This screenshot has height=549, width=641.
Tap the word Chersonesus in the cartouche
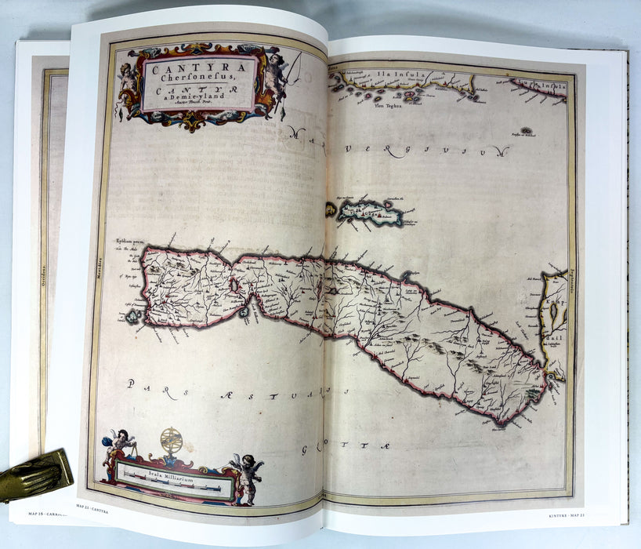(199, 79)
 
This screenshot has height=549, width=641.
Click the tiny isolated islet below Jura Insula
(527, 130)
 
